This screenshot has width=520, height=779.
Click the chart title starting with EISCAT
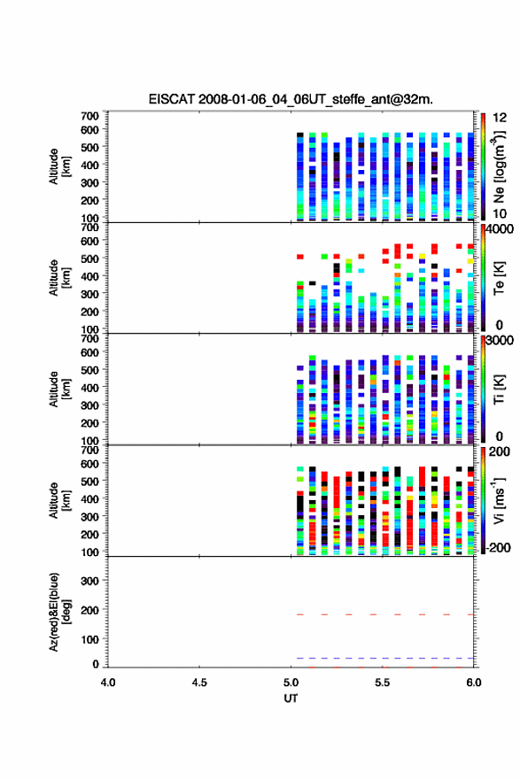tap(291, 99)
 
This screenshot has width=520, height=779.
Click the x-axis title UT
tap(291, 698)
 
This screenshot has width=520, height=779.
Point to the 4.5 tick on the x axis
tap(199, 683)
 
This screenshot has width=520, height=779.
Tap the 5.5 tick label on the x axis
tap(383, 683)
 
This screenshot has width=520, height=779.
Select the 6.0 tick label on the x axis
tap(474, 683)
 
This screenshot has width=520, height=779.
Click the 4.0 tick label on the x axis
tap(108, 683)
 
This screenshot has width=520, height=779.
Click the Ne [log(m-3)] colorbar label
tap(499, 166)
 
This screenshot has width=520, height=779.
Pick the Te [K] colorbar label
tap(499, 278)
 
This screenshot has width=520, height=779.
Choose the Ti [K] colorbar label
tap(499, 389)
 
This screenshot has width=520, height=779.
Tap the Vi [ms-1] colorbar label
tap(499, 500)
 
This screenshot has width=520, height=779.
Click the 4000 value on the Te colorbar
tap(500, 229)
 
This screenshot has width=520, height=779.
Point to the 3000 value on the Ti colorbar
tap(500, 340)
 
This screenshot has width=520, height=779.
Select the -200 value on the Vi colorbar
tap(498, 547)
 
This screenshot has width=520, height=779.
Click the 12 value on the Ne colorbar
tap(500, 118)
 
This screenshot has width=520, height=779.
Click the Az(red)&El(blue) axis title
tap(60, 612)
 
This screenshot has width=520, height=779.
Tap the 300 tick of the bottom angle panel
tap(90, 581)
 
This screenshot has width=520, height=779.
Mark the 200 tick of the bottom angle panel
tap(90, 610)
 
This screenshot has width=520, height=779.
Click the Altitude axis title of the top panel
tap(60, 166)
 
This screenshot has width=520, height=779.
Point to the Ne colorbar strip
tap(483, 166)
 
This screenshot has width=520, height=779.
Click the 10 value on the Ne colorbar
tap(500, 213)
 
